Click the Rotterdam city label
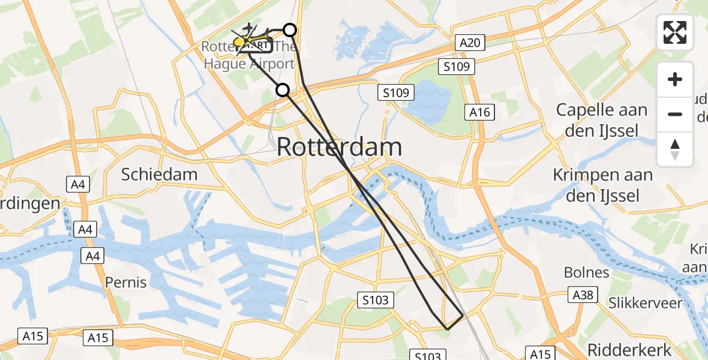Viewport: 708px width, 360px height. coord(340,148)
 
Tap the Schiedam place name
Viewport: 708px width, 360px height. coord(159,175)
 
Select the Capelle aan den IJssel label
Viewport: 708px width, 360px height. coord(602,120)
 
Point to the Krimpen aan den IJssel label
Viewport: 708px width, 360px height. coord(602,185)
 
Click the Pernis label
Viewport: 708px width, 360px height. coord(126,281)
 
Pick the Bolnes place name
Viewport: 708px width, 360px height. coord(586,272)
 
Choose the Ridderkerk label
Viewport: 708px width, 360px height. coord(623,350)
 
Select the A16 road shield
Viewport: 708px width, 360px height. coord(480,112)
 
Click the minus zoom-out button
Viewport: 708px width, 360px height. coord(675,114)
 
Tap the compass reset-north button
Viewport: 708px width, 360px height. coord(675,149)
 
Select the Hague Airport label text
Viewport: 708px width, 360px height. coord(250,64)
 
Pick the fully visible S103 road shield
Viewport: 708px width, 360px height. coord(376,300)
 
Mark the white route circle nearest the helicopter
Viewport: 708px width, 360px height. coord(290,29)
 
